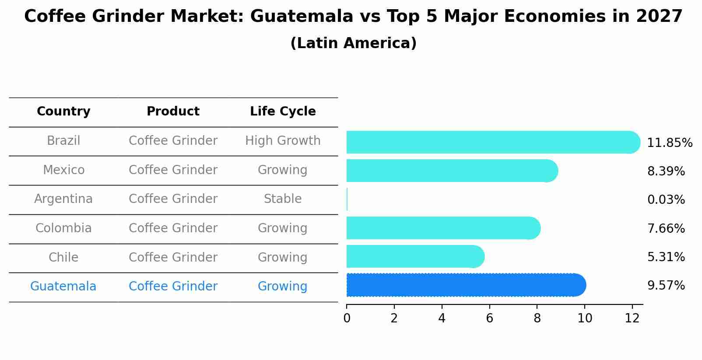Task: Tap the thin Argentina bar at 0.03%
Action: [347, 199]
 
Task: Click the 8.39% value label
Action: [666, 171]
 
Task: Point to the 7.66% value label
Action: [666, 228]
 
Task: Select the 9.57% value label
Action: [666, 286]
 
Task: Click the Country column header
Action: [63, 112]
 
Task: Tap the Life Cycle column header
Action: [283, 112]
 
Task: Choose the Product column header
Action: [173, 112]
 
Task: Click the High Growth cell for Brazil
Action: [283, 141]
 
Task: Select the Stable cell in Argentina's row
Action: [283, 199]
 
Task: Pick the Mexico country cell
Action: [63, 170]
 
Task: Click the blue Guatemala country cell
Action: [63, 287]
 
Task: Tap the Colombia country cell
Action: [63, 228]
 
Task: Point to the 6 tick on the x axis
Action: [489, 318]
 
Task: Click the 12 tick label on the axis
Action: [632, 318]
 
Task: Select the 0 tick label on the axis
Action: [347, 318]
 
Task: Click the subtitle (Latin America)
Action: [353, 43]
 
